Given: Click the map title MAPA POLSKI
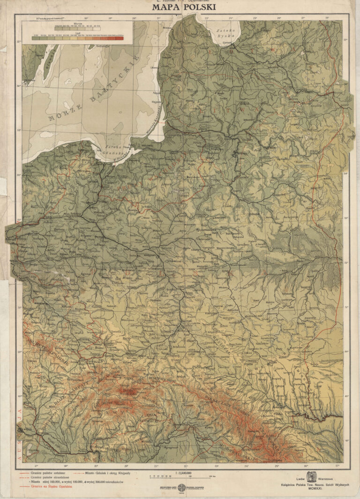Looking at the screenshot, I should (180, 8).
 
